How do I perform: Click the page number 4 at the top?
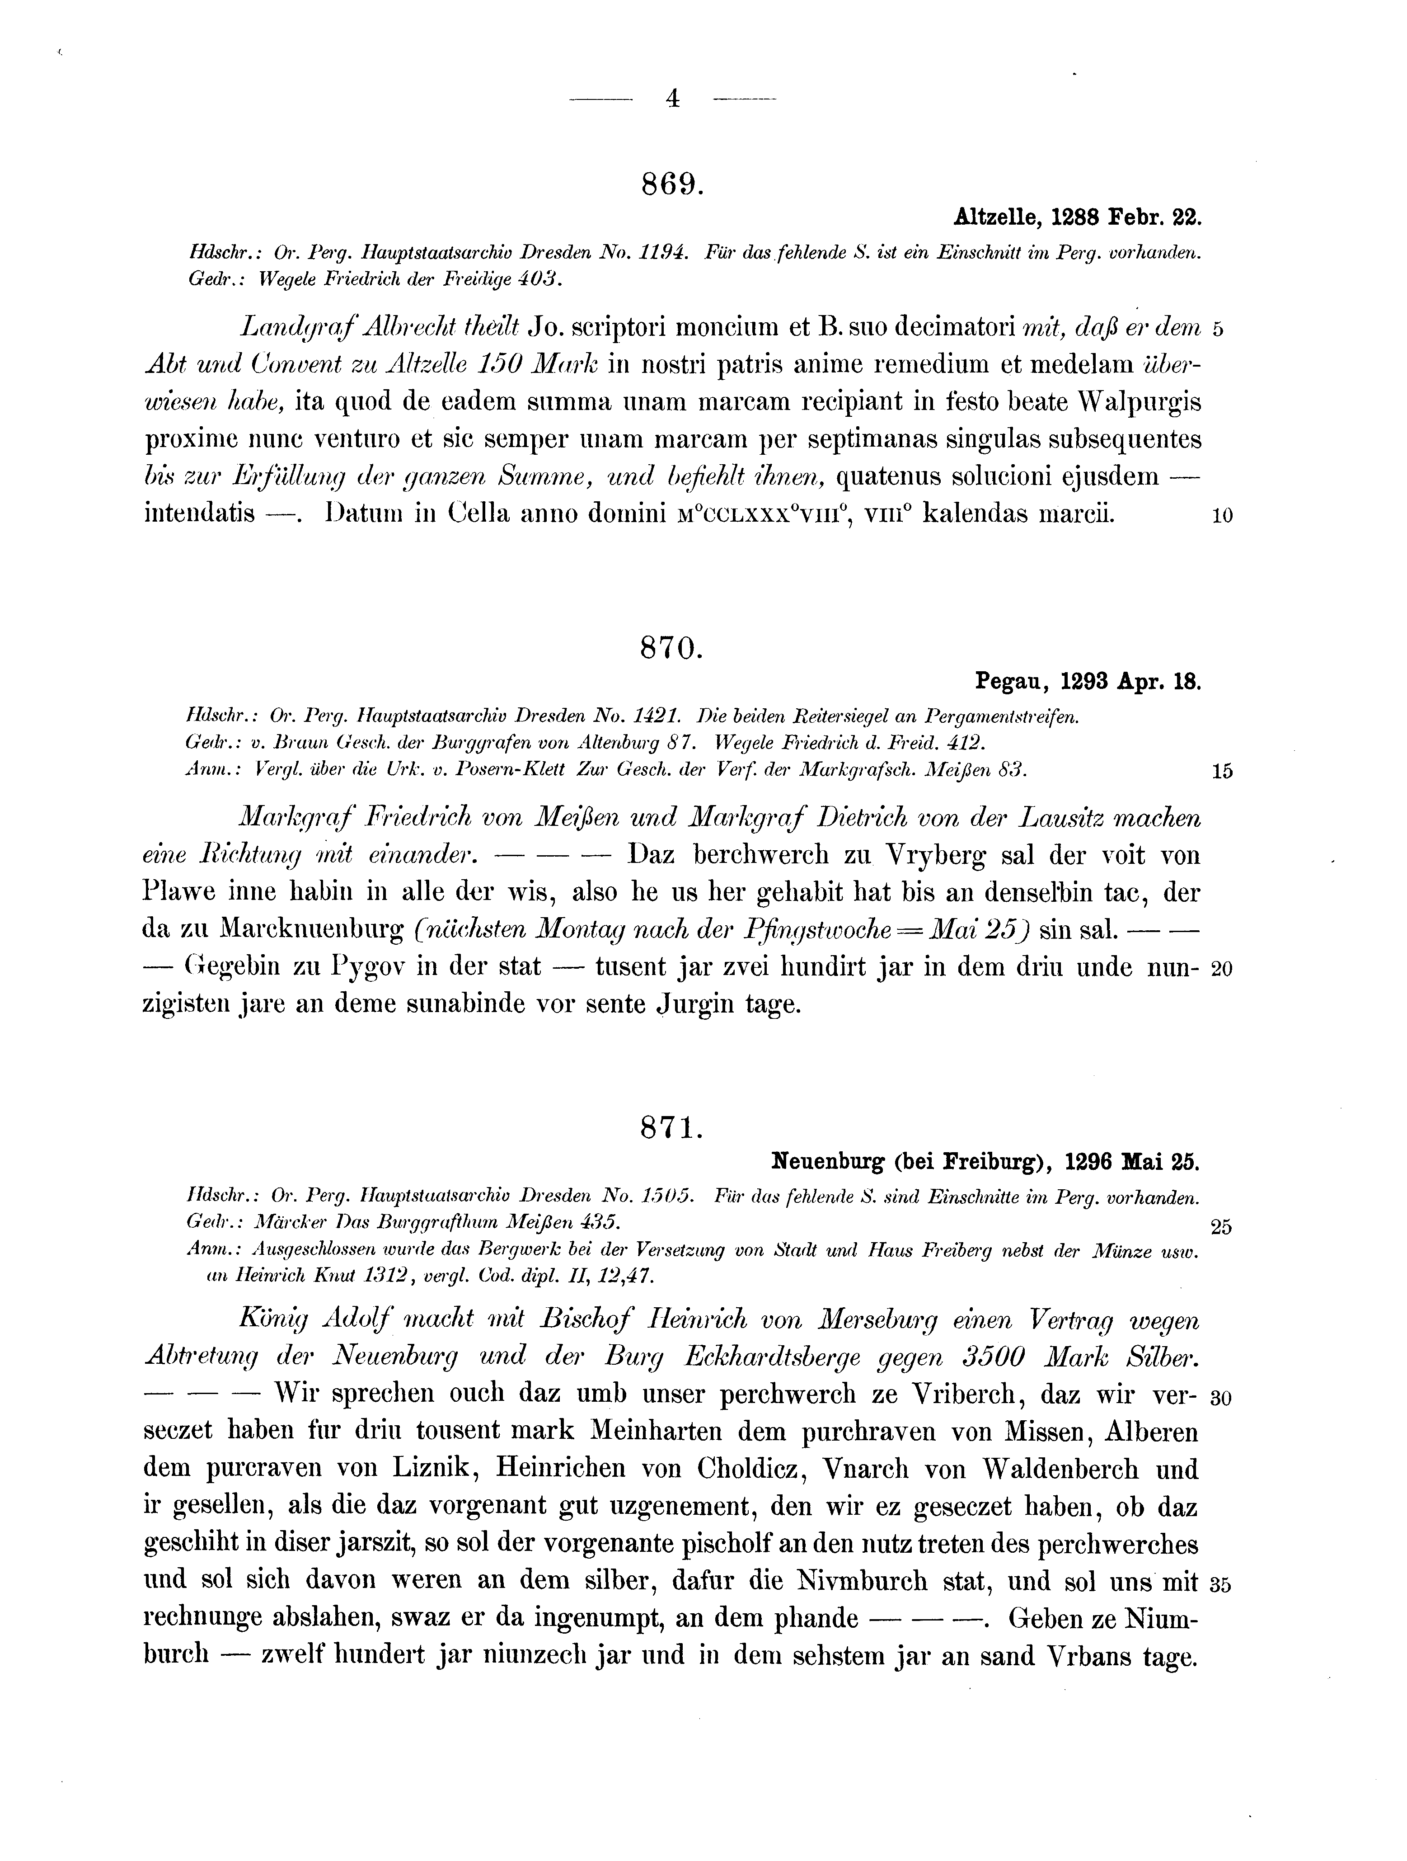(x=672, y=99)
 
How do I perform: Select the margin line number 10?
(x=1223, y=518)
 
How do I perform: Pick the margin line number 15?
(x=1223, y=772)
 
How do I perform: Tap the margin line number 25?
(x=1222, y=1228)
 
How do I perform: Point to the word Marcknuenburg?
(x=313, y=930)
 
